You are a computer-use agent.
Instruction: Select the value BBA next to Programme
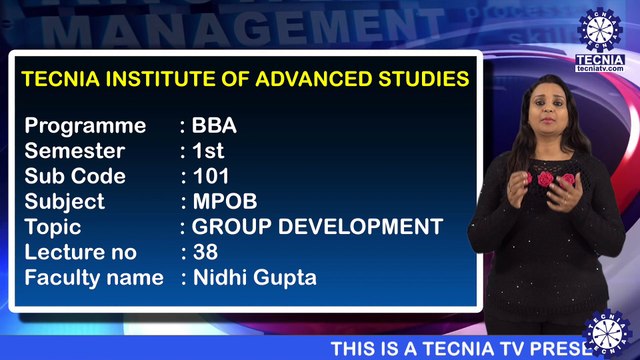pos(214,126)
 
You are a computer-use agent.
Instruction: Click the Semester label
pos(75,151)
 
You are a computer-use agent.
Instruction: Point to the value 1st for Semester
pos(208,151)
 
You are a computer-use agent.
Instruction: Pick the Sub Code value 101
pos(212,176)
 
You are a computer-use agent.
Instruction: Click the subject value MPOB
pos(223,201)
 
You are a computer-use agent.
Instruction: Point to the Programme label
pos(85,126)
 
